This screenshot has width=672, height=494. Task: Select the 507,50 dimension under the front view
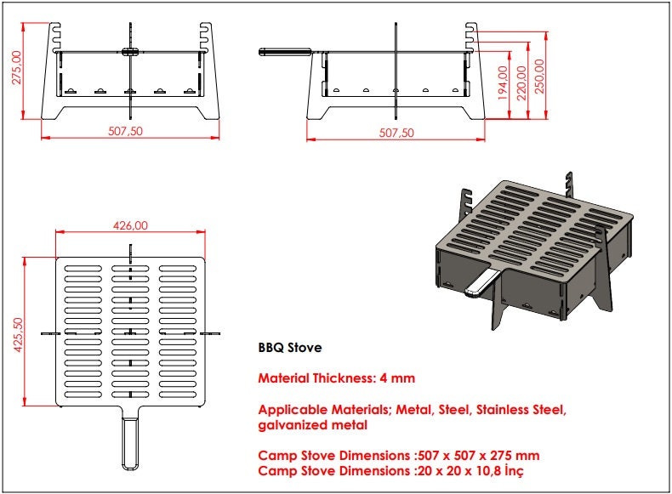click(128, 131)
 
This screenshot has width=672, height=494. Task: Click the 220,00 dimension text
click(521, 80)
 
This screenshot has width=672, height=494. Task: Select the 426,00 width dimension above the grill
click(130, 225)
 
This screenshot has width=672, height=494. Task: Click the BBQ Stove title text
click(289, 348)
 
